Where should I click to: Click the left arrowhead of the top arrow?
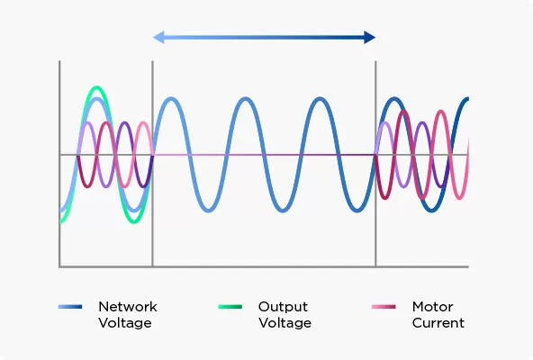point(158,37)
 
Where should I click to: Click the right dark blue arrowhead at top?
point(369,37)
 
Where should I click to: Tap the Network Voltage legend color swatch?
point(69,308)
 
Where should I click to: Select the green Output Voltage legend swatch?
point(230,308)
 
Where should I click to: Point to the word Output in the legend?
point(282,307)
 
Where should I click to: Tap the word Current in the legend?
point(438,323)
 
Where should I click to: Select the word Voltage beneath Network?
point(124,323)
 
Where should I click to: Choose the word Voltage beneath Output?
point(285,323)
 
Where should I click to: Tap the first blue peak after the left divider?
point(170,98)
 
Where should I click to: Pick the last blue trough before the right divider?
point(357,211)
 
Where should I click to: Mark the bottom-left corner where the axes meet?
point(59,266)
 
